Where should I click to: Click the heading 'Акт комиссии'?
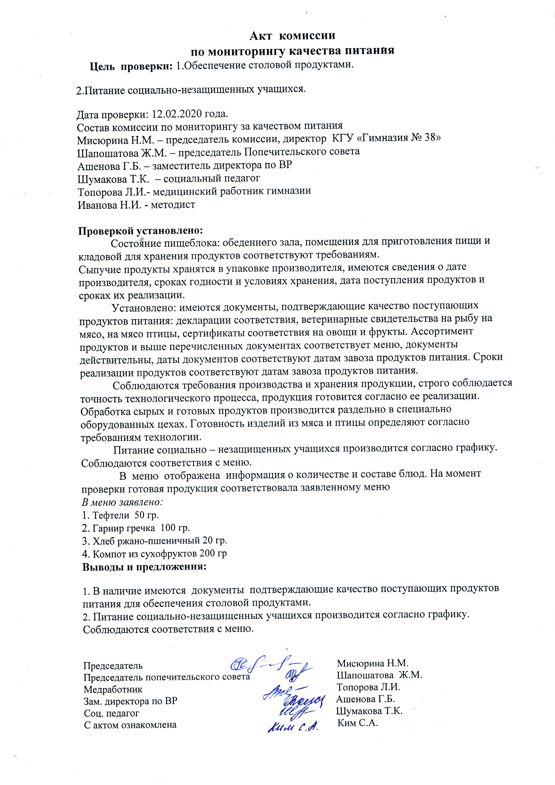(x=292, y=36)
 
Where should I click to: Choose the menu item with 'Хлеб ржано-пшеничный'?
(x=154, y=541)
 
